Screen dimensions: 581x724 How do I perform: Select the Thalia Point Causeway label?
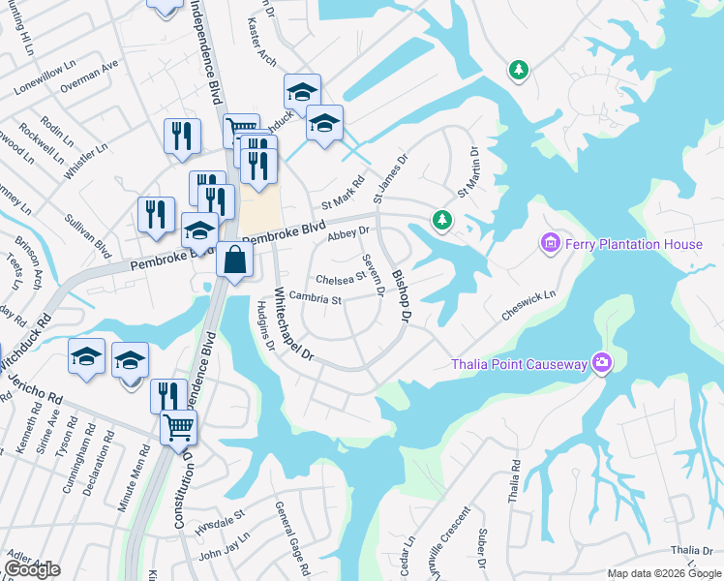520,364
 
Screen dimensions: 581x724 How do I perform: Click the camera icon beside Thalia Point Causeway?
602,363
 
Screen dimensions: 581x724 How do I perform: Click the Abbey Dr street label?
349,233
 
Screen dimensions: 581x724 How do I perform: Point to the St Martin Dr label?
468,171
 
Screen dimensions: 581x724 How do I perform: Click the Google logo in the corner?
33,568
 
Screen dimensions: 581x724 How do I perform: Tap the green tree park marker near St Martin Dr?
442,220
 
